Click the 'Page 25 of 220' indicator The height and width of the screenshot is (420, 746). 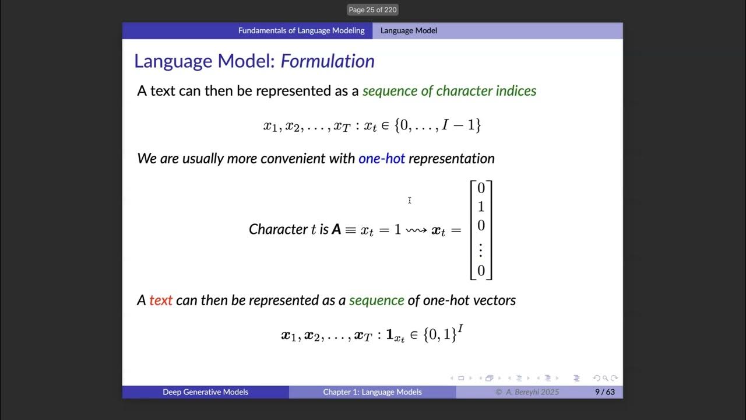click(x=372, y=10)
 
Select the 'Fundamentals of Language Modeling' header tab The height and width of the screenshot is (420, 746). click(x=301, y=30)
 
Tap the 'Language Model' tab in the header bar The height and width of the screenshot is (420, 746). click(x=409, y=30)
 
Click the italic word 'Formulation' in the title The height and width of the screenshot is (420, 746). click(x=328, y=61)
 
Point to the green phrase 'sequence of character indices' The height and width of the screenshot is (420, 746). click(x=449, y=91)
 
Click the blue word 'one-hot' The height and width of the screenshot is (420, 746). click(x=381, y=158)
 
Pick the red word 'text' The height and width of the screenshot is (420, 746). click(x=161, y=300)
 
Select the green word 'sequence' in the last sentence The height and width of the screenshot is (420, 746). click(x=376, y=300)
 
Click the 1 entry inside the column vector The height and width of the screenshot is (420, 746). click(x=481, y=206)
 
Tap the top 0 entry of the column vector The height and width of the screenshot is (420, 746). click(x=481, y=188)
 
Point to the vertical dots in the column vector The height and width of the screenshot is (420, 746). click(x=481, y=250)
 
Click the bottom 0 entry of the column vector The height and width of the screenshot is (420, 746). click(x=481, y=271)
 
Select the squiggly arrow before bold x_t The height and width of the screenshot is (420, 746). click(x=416, y=230)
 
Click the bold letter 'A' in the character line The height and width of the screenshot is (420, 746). click(x=336, y=230)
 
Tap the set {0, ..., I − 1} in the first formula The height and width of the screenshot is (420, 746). click(x=438, y=125)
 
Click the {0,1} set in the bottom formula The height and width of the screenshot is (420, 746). click(x=440, y=335)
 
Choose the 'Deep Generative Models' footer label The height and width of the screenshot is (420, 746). click(x=205, y=392)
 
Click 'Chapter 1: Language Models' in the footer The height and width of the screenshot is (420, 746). click(x=372, y=392)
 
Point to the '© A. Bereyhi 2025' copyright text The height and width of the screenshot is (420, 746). click(x=527, y=392)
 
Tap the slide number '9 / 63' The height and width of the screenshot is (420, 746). click(x=604, y=392)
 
